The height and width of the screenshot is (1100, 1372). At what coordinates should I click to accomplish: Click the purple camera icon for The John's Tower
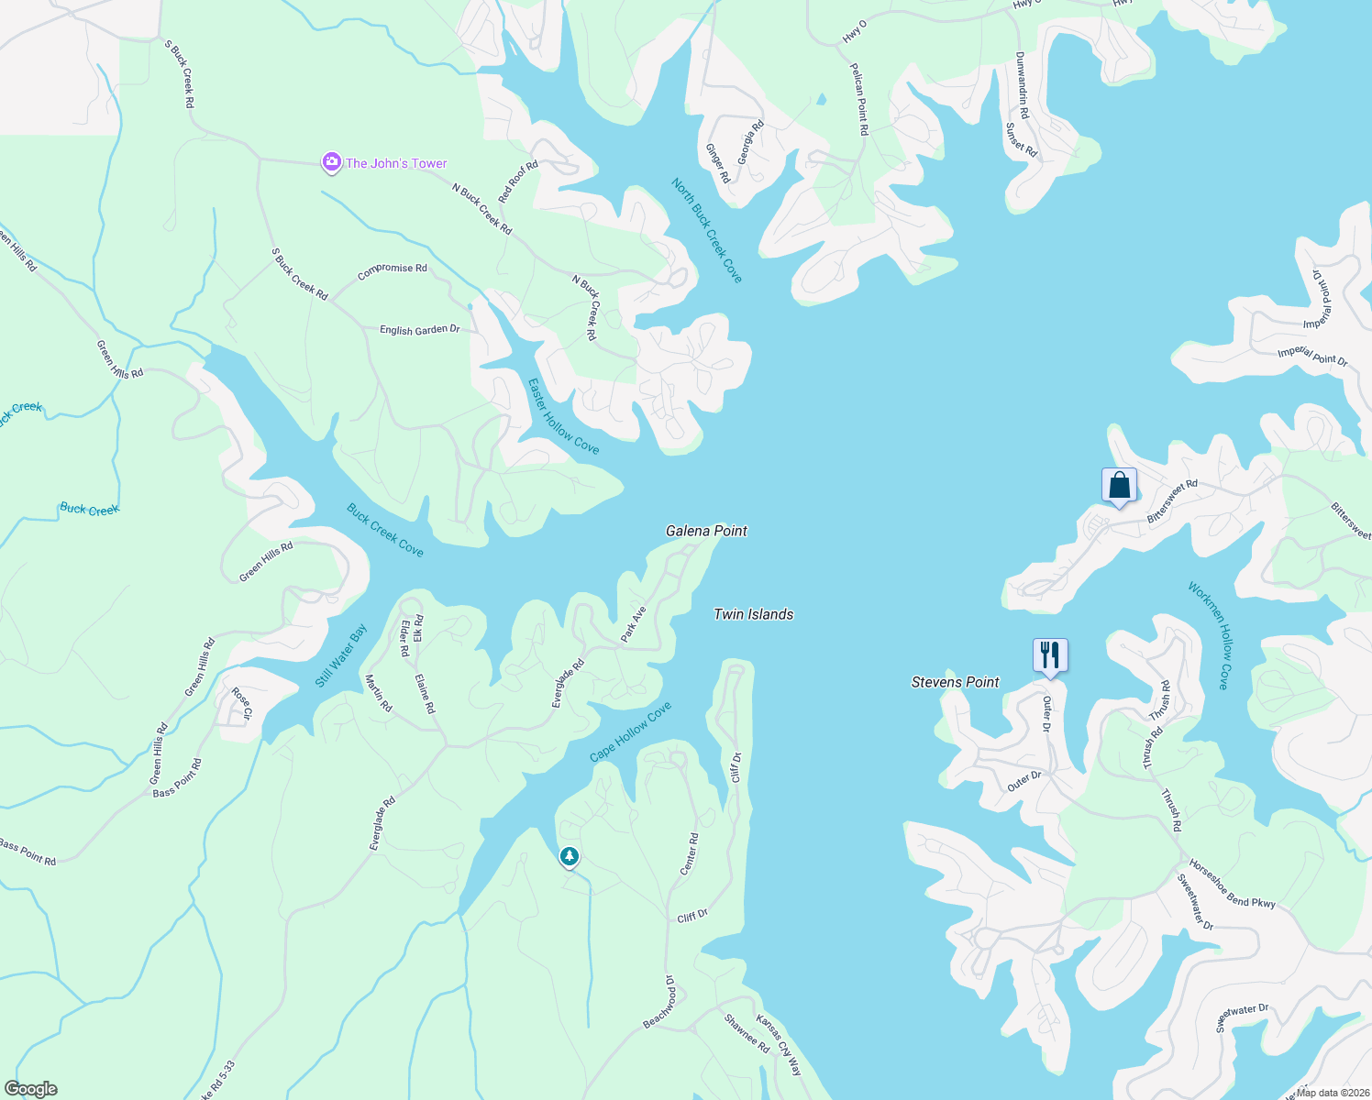pyautogui.click(x=331, y=162)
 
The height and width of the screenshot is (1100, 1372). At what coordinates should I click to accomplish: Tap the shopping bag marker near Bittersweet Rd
pyautogui.click(x=1119, y=485)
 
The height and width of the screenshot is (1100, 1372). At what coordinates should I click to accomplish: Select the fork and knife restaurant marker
pyautogui.click(x=1050, y=654)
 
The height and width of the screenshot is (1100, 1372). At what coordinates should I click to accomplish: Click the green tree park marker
pyautogui.click(x=570, y=857)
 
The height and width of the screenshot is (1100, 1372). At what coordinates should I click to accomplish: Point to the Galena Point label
pyautogui.click(x=706, y=531)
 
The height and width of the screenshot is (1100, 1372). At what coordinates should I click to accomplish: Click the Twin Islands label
pyautogui.click(x=753, y=614)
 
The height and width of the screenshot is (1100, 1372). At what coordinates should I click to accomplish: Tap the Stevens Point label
pyautogui.click(x=955, y=682)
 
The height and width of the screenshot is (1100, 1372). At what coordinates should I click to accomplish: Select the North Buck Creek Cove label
pyautogui.click(x=706, y=230)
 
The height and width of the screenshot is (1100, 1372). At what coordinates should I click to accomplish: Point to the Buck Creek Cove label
pyautogui.click(x=385, y=530)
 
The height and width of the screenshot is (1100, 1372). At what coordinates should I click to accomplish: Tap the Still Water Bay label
pyautogui.click(x=341, y=655)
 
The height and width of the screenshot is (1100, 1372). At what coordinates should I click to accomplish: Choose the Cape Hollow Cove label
pyautogui.click(x=630, y=731)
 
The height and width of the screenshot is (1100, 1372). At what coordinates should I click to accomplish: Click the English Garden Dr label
pyautogui.click(x=419, y=329)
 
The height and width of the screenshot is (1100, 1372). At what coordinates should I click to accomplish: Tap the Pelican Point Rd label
pyautogui.click(x=858, y=99)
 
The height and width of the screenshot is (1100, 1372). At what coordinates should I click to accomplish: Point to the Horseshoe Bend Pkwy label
pyautogui.click(x=1232, y=884)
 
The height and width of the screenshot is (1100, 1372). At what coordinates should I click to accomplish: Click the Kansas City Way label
pyautogui.click(x=779, y=1045)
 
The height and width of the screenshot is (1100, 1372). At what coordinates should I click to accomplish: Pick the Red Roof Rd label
pyautogui.click(x=518, y=181)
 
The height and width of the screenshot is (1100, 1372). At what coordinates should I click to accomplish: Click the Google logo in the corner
pyautogui.click(x=31, y=1089)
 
